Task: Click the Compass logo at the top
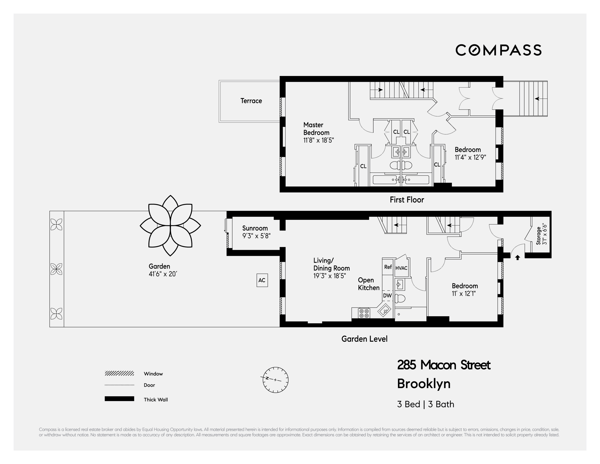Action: tap(498, 50)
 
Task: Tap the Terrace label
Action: tap(251, 101)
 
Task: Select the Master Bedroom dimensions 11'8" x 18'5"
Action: tap(318, 140)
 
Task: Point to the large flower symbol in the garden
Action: tap(170, 226)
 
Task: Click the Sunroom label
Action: tap(255, 228)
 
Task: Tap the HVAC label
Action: tap(401, 268)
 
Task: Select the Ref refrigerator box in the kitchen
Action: tap(388, 267)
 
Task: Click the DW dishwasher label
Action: tap(387, 296)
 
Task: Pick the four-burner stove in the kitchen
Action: tap(364, 313)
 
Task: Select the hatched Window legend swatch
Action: tap(119, 373)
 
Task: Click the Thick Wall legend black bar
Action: tap(119, 399)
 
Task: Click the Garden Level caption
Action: tap(364, 339)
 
